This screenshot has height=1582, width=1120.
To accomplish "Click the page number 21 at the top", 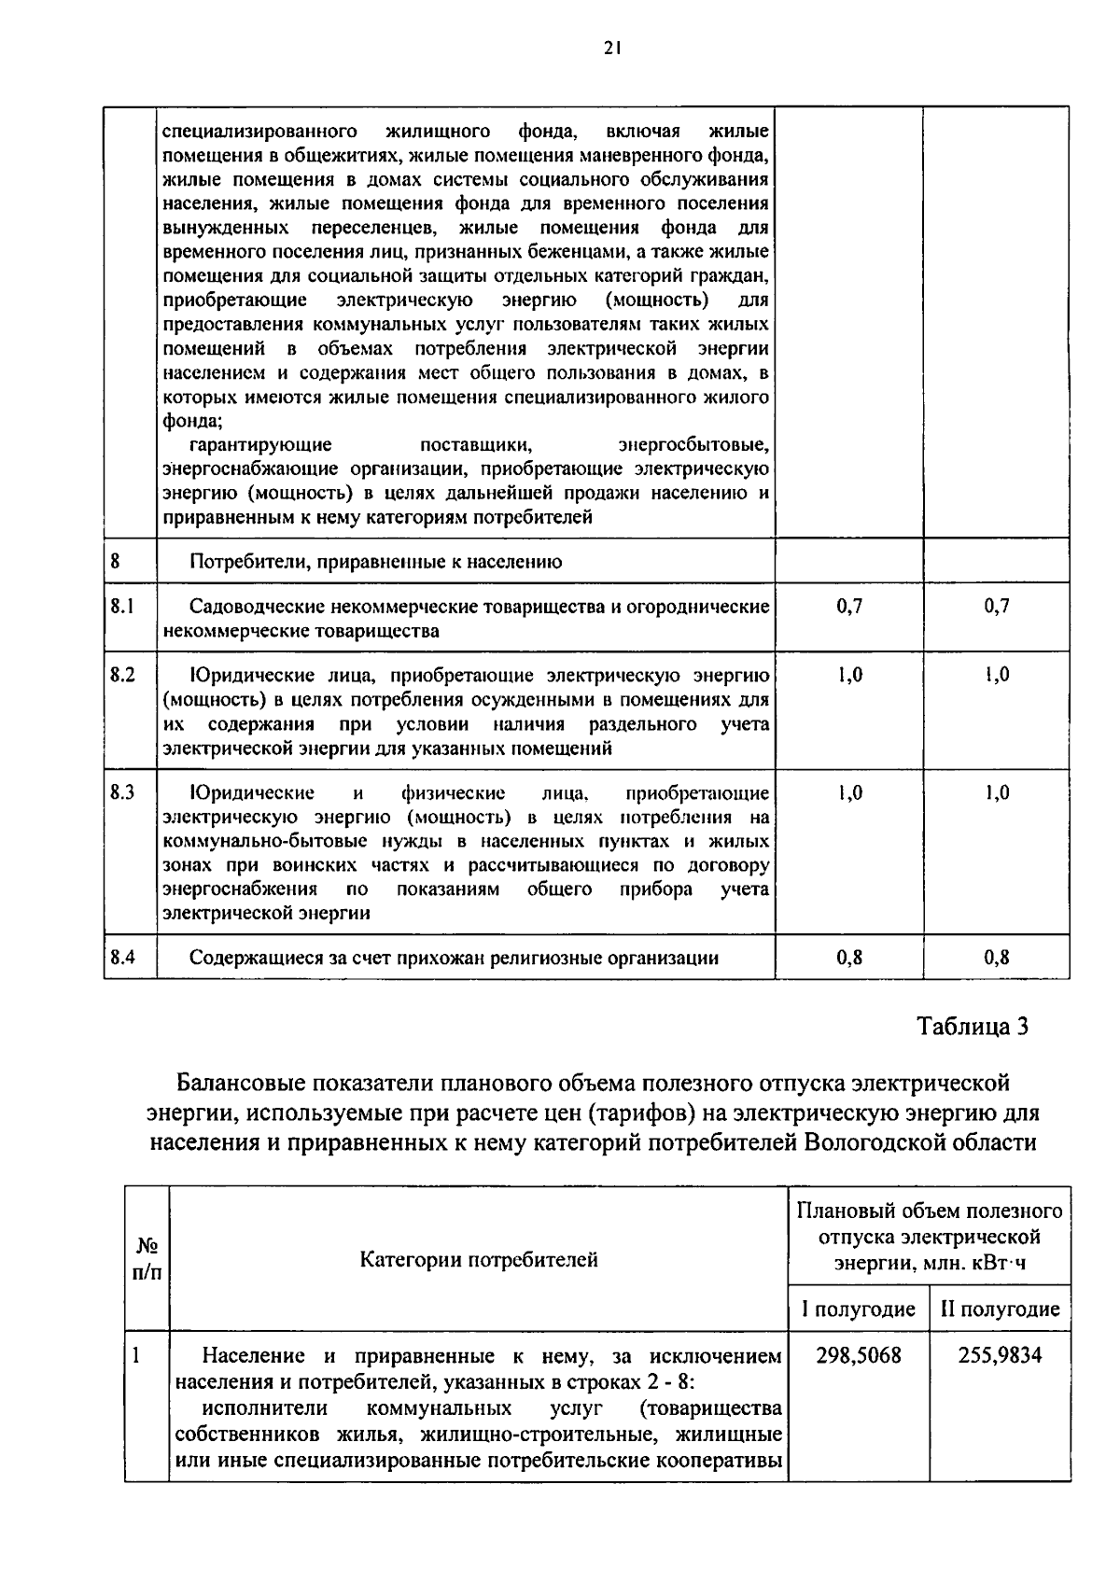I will pos(611,49).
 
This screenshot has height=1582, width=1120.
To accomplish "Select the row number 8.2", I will pos(122,675).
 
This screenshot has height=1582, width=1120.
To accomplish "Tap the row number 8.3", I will pos(122,792).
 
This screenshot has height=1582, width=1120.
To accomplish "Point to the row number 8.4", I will pos(122,957).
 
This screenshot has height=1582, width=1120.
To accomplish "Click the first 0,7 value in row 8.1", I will pos(849,607).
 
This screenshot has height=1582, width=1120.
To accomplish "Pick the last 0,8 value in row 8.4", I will pos(997,958).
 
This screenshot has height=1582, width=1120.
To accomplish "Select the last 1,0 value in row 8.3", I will pos(997,793).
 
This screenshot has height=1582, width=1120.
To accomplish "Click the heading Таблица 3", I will pos(973,1027).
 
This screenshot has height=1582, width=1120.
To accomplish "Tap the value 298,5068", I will pos(859,1355).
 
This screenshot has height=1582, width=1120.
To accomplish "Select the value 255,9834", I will pos(1000,1355).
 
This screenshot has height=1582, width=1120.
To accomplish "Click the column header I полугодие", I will pos(858,1309).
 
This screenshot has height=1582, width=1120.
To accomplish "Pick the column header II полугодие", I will pos(1000,1309).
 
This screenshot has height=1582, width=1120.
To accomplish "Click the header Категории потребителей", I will pos(479,1260).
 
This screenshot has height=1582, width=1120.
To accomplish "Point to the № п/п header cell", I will pos(147,1259).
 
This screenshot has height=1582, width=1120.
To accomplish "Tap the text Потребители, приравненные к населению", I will pos(375,562).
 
